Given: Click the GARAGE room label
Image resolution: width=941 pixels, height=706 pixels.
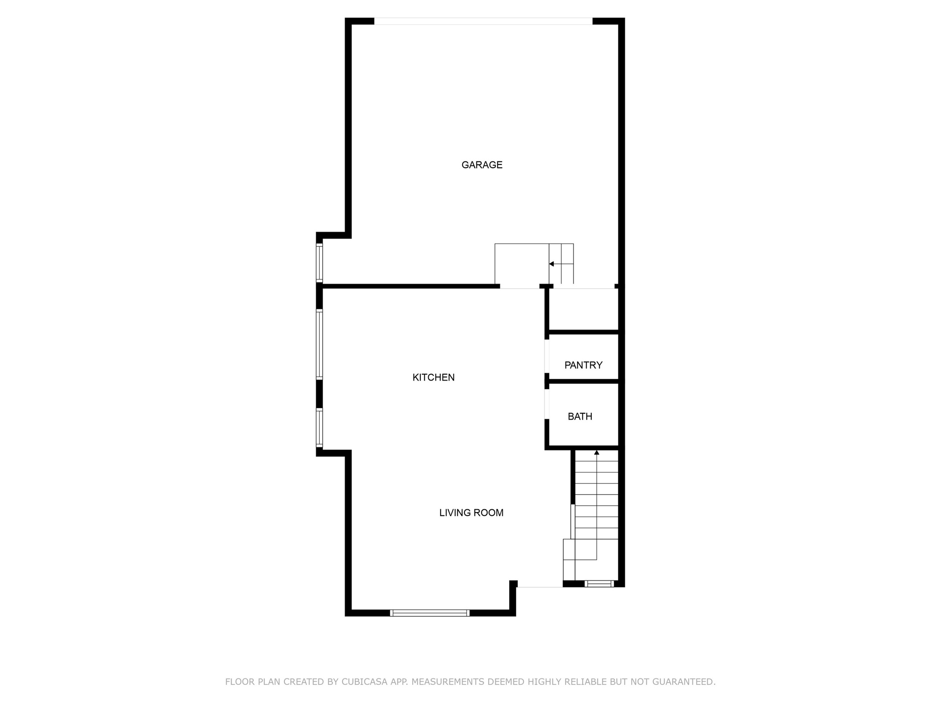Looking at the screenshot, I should tap(482, 165).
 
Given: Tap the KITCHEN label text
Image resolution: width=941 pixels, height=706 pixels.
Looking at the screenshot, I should tap(433, 377).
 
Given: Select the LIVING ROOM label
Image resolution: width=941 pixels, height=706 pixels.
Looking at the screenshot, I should tap(471, 512).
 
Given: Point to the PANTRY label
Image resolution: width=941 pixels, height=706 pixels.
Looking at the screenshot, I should tap(583, 365).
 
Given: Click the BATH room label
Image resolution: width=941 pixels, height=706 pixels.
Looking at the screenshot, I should tap(580, 416).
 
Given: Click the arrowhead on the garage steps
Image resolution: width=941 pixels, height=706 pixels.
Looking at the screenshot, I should tap(551, 264).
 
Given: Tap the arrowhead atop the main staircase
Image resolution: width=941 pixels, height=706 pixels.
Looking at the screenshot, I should tap(596, 453).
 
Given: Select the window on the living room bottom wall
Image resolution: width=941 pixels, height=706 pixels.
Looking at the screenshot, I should tap(429, 612).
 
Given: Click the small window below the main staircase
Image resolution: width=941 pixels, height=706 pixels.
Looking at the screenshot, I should tap(599, 584).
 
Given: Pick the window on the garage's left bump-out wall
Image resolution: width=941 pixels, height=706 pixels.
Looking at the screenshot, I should tap(319, 262).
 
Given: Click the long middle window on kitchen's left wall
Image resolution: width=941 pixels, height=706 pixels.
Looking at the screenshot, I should tap(319, 345).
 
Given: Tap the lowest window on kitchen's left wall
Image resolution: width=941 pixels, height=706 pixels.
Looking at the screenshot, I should tap(319, 428).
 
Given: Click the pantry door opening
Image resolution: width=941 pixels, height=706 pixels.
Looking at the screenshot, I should tap(547, 356).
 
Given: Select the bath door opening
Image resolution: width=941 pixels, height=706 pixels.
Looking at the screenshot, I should tap(547, 404).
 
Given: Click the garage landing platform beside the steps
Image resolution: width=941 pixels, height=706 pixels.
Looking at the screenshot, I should tap(522, 264).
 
